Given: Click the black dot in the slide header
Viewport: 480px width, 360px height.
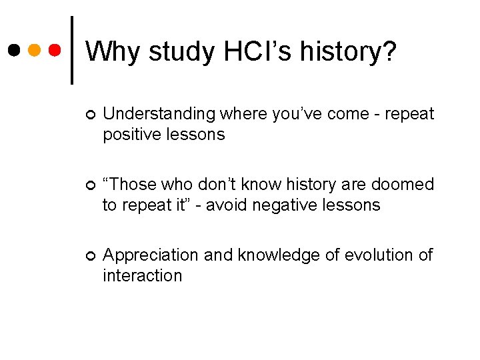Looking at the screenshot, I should click(15, 50).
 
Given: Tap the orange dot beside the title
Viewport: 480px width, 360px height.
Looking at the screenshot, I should click(35, 50).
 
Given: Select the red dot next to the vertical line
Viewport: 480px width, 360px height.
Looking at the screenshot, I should click(56, 50).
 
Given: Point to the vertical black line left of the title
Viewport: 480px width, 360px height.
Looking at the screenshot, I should click(72, 50).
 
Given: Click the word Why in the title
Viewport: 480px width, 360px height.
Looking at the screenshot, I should click(113, 51).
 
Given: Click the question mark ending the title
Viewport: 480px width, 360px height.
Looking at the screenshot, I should click(388, 51).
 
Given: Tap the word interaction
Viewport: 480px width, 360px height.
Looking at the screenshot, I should click(142, 275).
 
